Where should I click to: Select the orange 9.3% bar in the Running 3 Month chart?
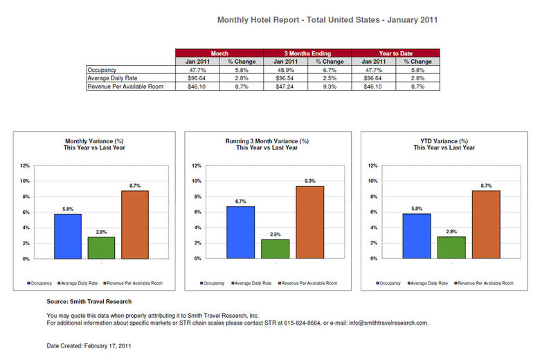(x=310, y=222)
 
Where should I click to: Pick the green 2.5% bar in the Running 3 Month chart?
(x=276, y=249)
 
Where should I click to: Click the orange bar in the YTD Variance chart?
(x=486, y=224)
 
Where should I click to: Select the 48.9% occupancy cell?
(x=286, y=70)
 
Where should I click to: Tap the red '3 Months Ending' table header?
(x=308, y=53)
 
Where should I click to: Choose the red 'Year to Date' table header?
(x=396, y=53)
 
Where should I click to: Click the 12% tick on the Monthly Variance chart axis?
(x=24, y=165)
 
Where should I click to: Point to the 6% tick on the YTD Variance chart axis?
(x=375, y=213)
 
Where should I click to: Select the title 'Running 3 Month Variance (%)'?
(x=267, y=141)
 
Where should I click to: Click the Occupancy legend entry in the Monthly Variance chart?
(x=39, y=283)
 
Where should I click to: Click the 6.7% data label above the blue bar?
(x=241, y=201)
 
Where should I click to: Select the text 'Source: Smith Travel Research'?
(x=89, y=302)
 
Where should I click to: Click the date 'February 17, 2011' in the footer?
(x=109, y=345)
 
